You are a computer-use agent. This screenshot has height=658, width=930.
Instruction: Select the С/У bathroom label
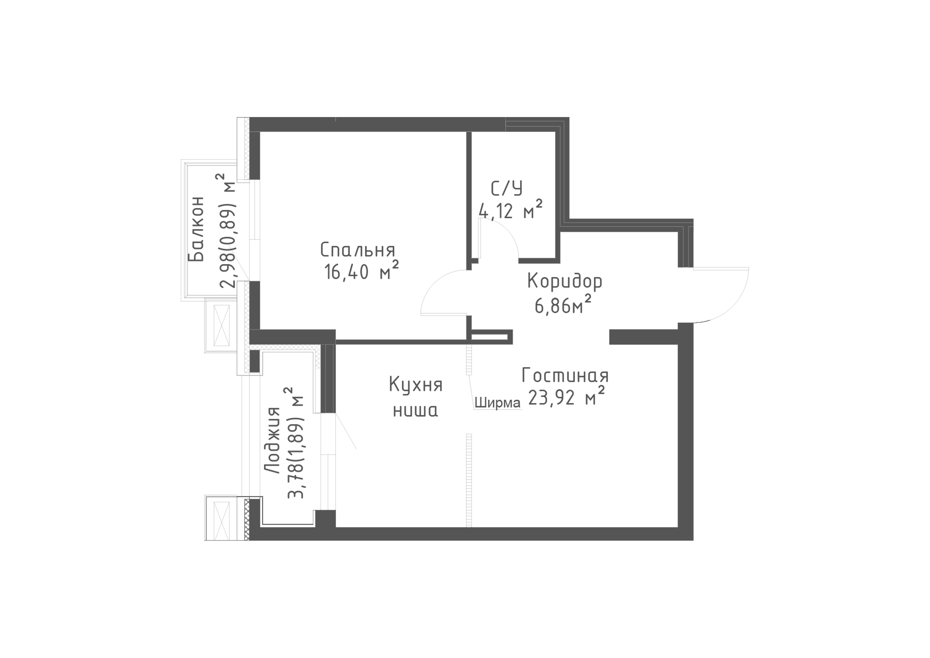pos(506,188)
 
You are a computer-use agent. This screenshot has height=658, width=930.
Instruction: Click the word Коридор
pos(565,281)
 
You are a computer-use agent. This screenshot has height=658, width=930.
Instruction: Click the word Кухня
pos(416,385)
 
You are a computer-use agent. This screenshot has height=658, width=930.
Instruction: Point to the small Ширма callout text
pos(497,403)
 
